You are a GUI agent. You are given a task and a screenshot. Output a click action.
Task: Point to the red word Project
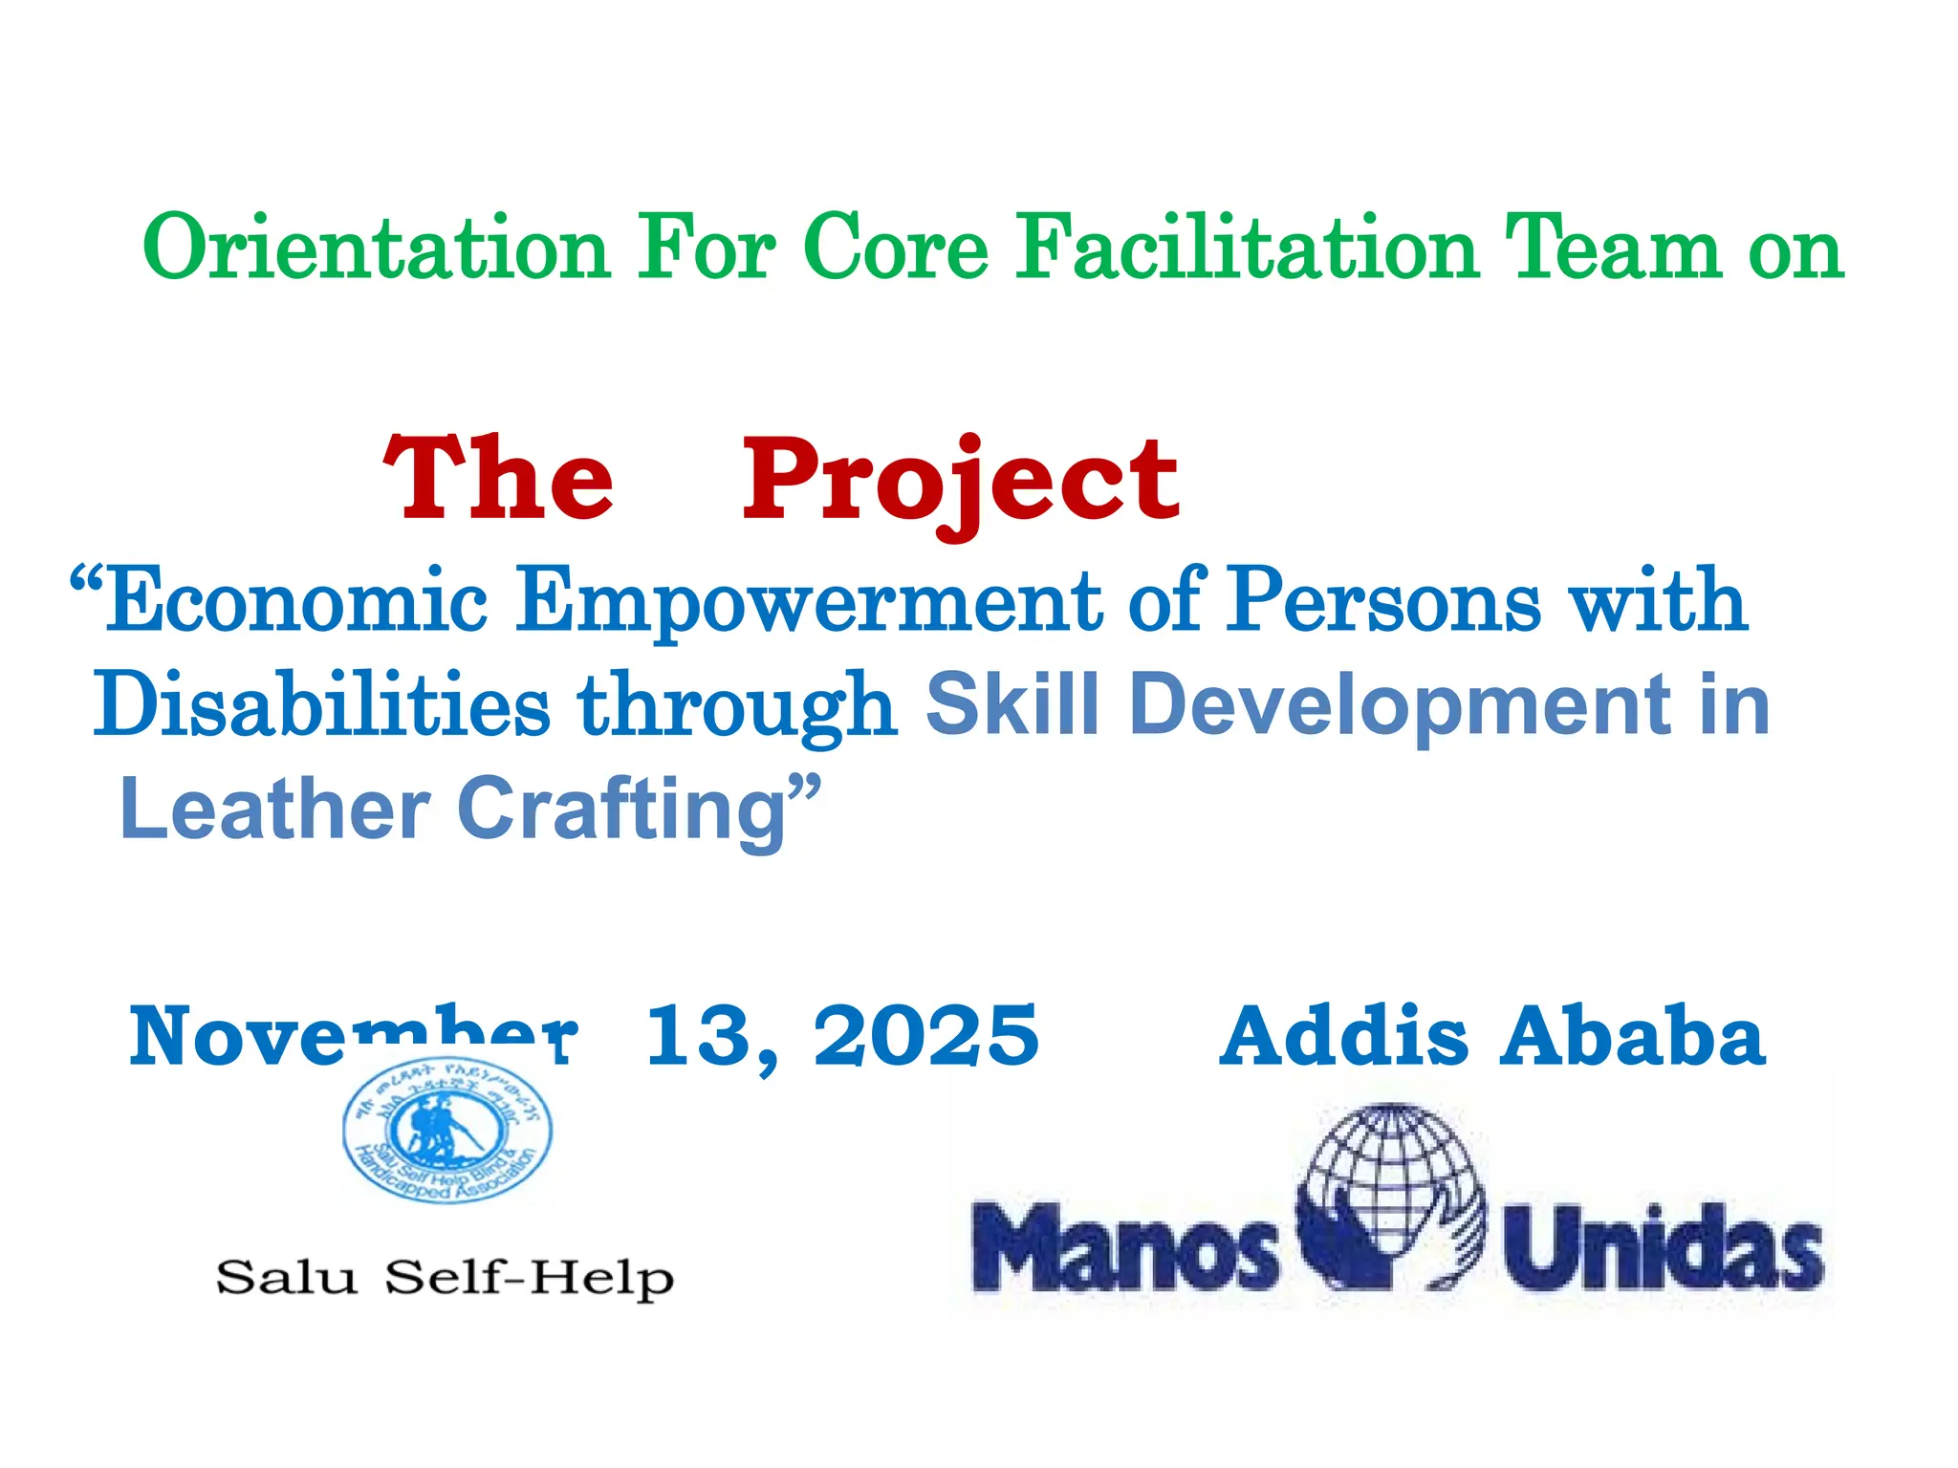click(960, 480)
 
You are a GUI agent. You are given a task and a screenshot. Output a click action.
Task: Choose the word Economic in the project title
click(296, 600)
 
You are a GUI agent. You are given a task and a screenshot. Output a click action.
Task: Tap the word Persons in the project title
click(1384, 600)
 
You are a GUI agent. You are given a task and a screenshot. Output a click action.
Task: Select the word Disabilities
click(322, 704)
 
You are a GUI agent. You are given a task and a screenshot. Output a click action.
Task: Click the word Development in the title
click(1400, 705)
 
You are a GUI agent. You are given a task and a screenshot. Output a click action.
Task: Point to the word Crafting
click(621, 810)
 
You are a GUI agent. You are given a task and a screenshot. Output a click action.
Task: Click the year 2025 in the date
click(925, 1036)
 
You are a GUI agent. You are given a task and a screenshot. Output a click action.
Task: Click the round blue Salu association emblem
click(447, 1130)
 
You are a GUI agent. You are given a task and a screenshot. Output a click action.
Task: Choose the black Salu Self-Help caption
click(446, 1278)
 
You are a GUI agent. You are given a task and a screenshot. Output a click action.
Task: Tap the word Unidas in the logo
click(1663, 1246)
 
